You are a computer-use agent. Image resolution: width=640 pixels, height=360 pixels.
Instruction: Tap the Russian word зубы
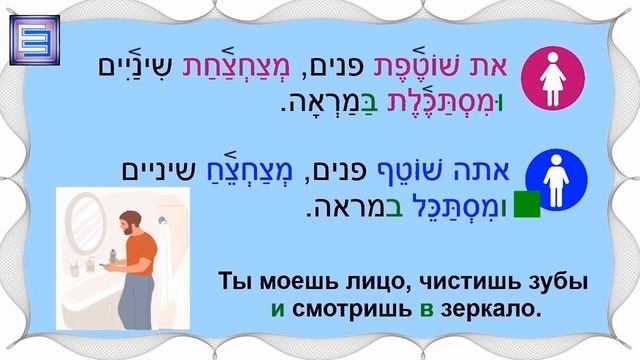tap(561, 282)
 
